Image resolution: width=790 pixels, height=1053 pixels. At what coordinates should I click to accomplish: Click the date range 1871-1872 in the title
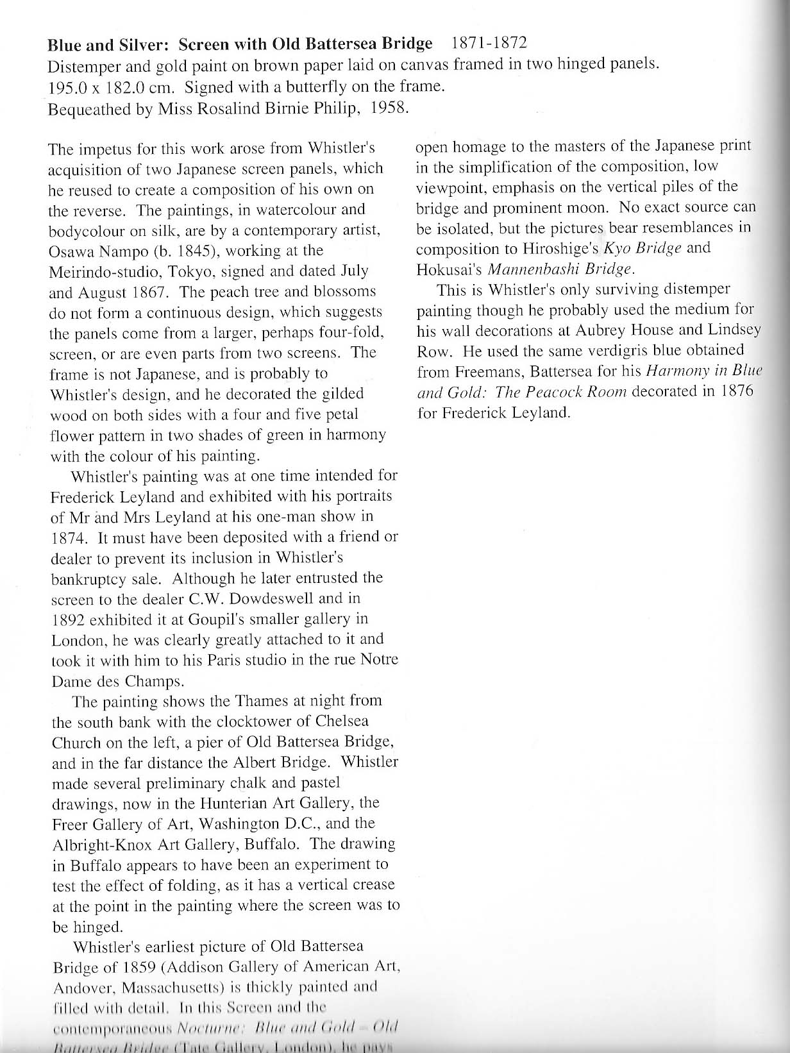(489, 43)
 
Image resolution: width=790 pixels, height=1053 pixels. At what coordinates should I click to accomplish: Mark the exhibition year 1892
(69, 619)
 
